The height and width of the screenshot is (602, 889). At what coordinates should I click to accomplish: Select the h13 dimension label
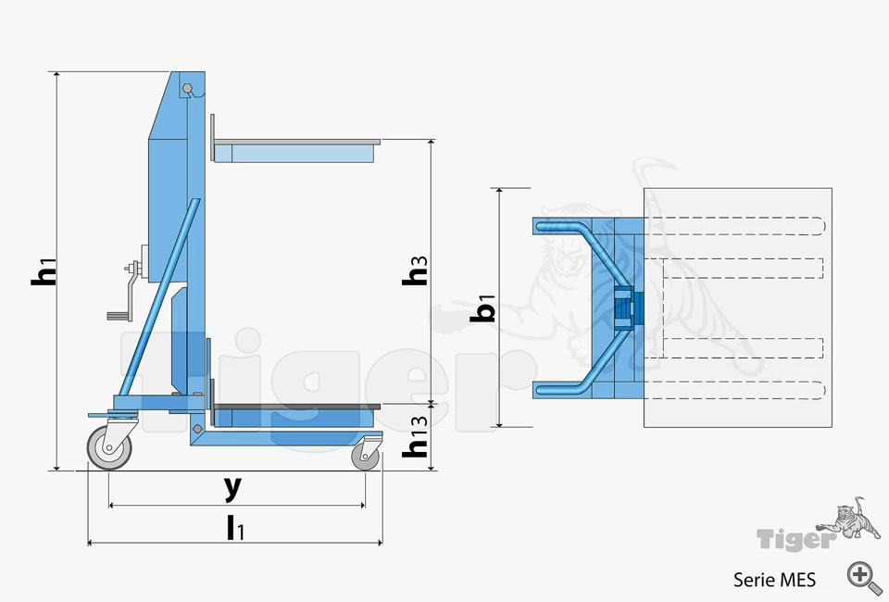(x=419, y=440)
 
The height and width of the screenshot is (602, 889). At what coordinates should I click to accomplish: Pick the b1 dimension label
(x=483, y=307)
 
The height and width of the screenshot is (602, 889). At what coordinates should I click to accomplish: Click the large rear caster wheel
(x=109, y=448)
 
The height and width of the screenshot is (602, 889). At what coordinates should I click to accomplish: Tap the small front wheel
(x=366, y=457)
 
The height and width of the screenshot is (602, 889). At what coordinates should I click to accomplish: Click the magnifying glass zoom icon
(x=863, y=575)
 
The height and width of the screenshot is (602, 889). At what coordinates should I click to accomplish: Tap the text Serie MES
(x=774, y=580)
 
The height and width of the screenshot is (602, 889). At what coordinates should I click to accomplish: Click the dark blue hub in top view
(x=622, y=307)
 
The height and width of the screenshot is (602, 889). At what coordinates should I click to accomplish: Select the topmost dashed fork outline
(x=732, y=225)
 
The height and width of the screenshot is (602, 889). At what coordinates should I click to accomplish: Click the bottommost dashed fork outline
(x=732, y=388)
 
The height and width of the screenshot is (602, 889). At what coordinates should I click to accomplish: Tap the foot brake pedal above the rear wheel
(x=100, y=415)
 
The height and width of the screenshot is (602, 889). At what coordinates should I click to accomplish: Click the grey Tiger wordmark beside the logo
(x=794, y=538)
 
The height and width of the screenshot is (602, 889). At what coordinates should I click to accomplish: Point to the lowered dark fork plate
(x=296, y=406)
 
